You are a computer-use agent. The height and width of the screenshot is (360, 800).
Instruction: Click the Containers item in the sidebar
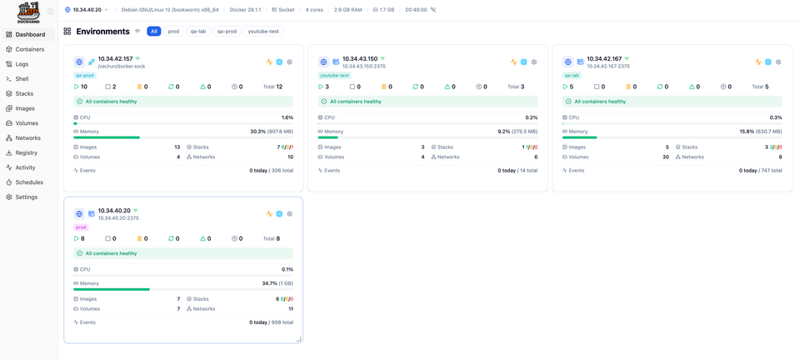(x=29, y=49)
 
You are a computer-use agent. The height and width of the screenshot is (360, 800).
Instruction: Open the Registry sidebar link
(x=26, y=152)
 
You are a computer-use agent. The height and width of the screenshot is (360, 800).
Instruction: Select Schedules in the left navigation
(x=29, y=182)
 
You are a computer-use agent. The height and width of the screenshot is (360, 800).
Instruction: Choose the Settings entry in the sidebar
(x=26, y=197)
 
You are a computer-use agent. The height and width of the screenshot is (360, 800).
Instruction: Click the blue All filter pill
(x=154, y=32)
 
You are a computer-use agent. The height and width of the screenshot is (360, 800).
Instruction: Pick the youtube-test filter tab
(x=263, y=32)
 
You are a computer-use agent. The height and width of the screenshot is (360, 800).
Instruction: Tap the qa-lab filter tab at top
(x=198, y=32)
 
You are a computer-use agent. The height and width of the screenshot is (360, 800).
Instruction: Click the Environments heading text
(x=102, y=32)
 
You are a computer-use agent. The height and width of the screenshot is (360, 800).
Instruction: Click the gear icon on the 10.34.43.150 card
(x=534, y=62)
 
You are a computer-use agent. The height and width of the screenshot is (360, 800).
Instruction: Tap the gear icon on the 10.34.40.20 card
(x=290, y=214)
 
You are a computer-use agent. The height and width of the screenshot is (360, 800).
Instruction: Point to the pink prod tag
(x=81, y=227)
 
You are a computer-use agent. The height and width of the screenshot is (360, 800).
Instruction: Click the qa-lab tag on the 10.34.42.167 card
(x=572, y=76)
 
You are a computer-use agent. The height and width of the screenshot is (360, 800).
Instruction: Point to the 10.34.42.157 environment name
(x=115, y=59)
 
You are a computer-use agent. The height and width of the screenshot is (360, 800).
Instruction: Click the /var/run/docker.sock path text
(x=122, y=66)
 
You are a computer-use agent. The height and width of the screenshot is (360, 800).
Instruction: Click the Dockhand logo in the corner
(x=28, y=12)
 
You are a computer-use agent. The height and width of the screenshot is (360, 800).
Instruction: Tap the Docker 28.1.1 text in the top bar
(x=245, y=10)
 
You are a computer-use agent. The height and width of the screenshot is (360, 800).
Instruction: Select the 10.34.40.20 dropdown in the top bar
(x=87, y=10)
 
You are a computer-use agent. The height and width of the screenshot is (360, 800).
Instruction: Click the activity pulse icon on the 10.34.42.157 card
(x=269, y=62)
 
